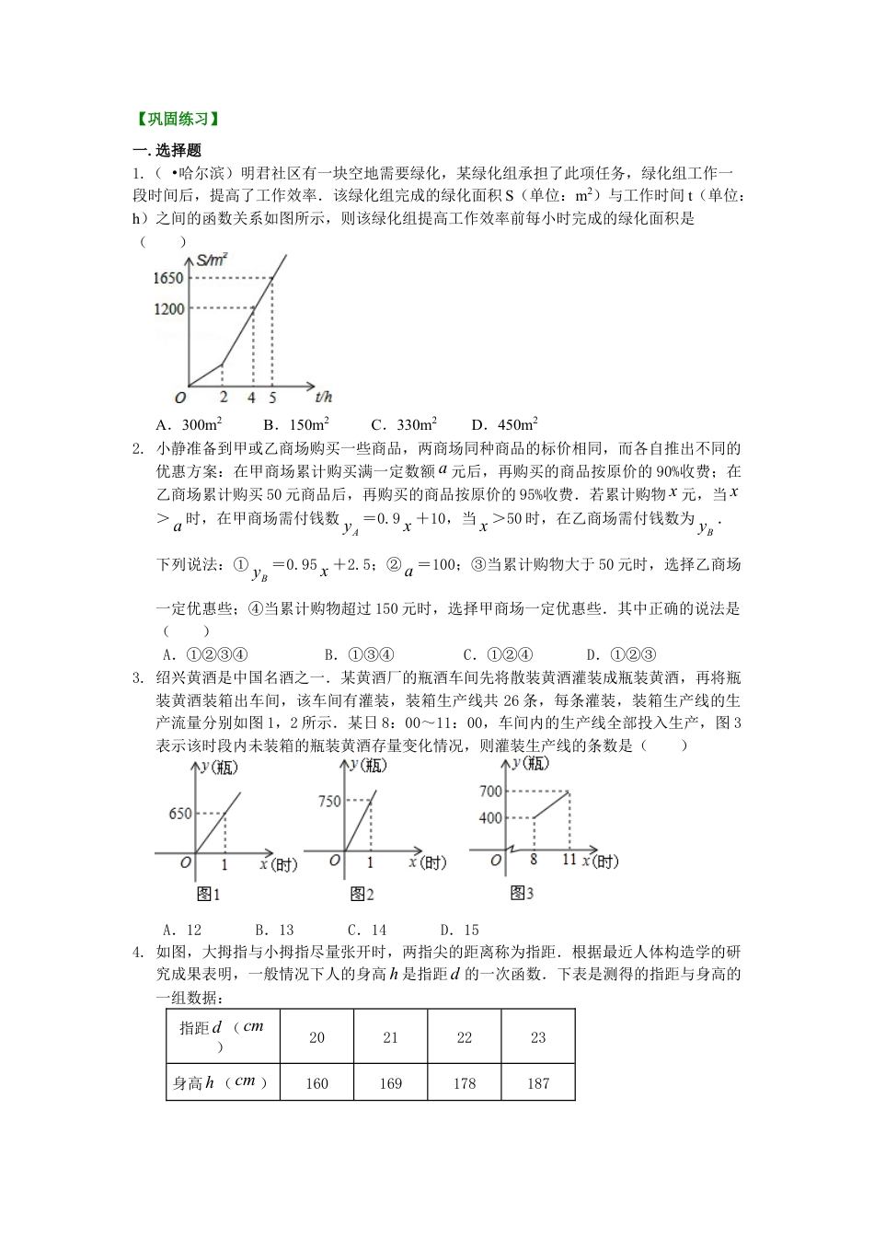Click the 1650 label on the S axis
coord(169,278)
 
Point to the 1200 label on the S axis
coord(169,309)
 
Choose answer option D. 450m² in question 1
coord(504,425)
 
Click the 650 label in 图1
coord(180,814)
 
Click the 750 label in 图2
coord(329,802)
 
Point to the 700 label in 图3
coord(490,792)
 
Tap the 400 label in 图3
coord(490,818)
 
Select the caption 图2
coord(362,893)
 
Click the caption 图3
coord(522,893)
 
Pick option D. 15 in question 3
coord(460,930)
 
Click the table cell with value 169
coord(390,1083)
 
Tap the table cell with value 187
coord(538,1083)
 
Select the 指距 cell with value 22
coord(464,1038)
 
